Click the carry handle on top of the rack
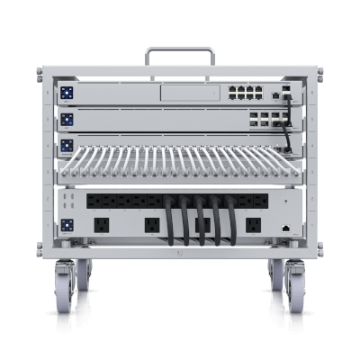179,51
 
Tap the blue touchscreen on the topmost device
66,93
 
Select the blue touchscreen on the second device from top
66,119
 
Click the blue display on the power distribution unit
66,225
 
